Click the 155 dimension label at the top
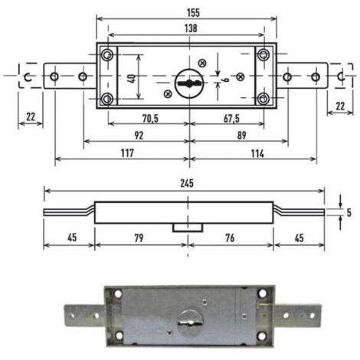pos(193,13)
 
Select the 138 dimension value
pos(191,28)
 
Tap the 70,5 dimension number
pos(150,119)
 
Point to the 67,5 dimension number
pos(231,119)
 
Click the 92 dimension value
pos(139,136)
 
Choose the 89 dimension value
pos(241,136)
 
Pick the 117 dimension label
pos(127,153)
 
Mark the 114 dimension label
pos(257,154)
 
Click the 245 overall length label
pos(187,183)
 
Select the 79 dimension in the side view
pos(139,238)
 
